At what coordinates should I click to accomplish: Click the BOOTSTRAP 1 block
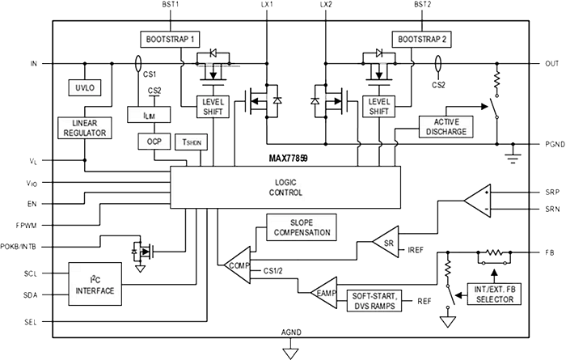[171, 38]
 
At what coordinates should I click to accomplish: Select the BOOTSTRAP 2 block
[421, 38]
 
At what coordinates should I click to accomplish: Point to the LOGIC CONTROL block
[284, 188]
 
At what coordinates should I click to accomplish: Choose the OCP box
[154, 141]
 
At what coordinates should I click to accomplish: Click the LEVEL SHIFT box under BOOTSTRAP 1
[214, 106]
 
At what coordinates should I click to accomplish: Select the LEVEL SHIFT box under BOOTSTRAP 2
[377, 106]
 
